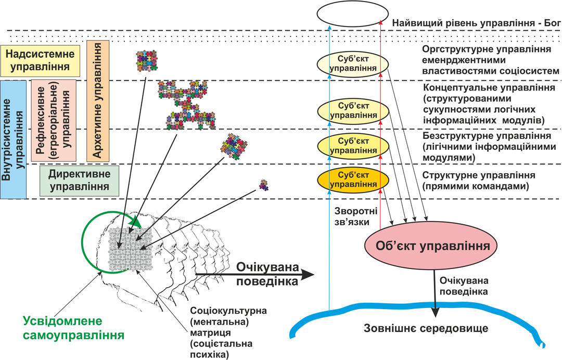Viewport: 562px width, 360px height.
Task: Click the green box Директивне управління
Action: pos(79,180)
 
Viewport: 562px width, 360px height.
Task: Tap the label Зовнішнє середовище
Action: pos(426,329)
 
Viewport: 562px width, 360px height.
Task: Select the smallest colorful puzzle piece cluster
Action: pos(264,184)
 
